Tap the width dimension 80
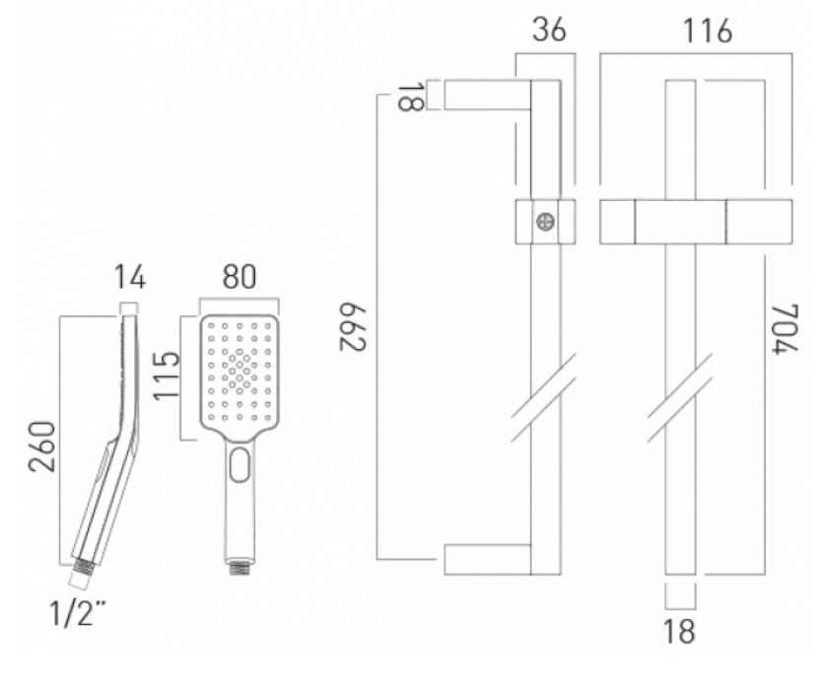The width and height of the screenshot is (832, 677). click(241, 279)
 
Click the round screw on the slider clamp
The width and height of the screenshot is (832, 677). click(544, 221)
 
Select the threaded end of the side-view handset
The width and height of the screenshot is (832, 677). click(82, 565)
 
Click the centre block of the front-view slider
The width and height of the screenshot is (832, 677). click(681, 221)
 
